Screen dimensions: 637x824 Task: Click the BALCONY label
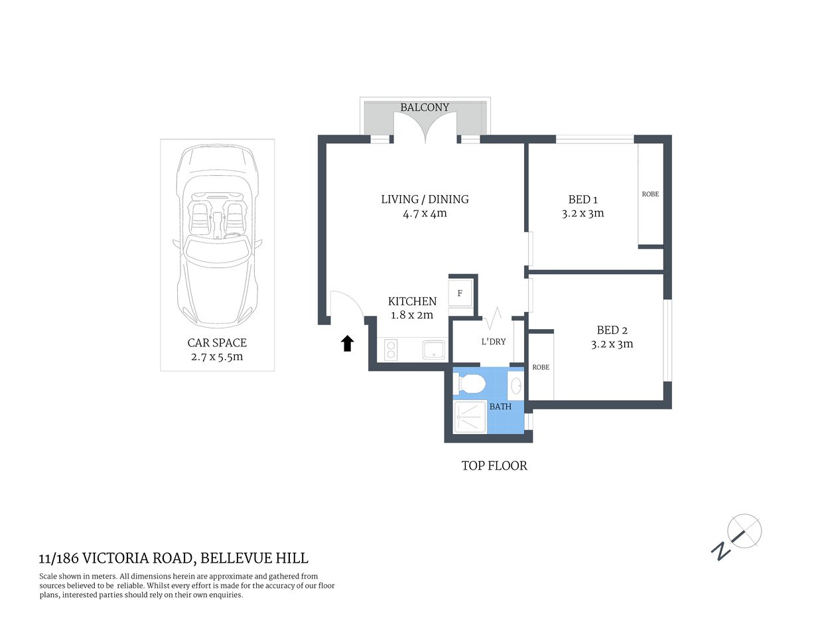[x=425, y=107]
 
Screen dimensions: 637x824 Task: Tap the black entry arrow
[x=347, y=343]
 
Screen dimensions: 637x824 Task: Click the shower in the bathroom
[x=470, y=417]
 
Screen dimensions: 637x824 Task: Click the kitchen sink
[x=435, y=350]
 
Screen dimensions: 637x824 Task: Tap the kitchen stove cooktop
[x=390, y=350]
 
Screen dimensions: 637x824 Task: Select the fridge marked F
[x=460, y=293]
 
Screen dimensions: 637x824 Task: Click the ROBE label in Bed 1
[x=650, y=194]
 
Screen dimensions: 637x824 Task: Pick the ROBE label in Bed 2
[x=541, y=368]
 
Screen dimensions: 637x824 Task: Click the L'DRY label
[x=493, y=342]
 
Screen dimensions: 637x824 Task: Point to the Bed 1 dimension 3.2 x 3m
[x=583, y=214]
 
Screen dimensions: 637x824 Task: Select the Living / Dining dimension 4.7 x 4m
[x=425, y=214]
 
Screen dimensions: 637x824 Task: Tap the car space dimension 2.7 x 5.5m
[x=216, y=357]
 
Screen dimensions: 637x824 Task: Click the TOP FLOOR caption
[x=494, y=466]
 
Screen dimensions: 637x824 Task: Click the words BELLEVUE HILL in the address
[x=254, y=559]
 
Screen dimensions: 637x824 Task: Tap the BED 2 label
[x=612, y=330]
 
